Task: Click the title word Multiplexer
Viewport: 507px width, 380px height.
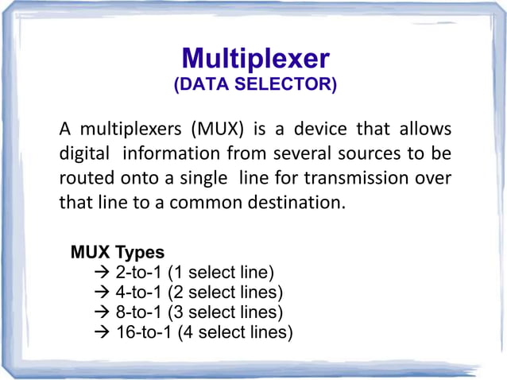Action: click(x=255, y=59)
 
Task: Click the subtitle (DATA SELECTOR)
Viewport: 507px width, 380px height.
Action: click(x=255, y=84)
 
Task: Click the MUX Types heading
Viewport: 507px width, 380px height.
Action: click(x=118, y=253)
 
